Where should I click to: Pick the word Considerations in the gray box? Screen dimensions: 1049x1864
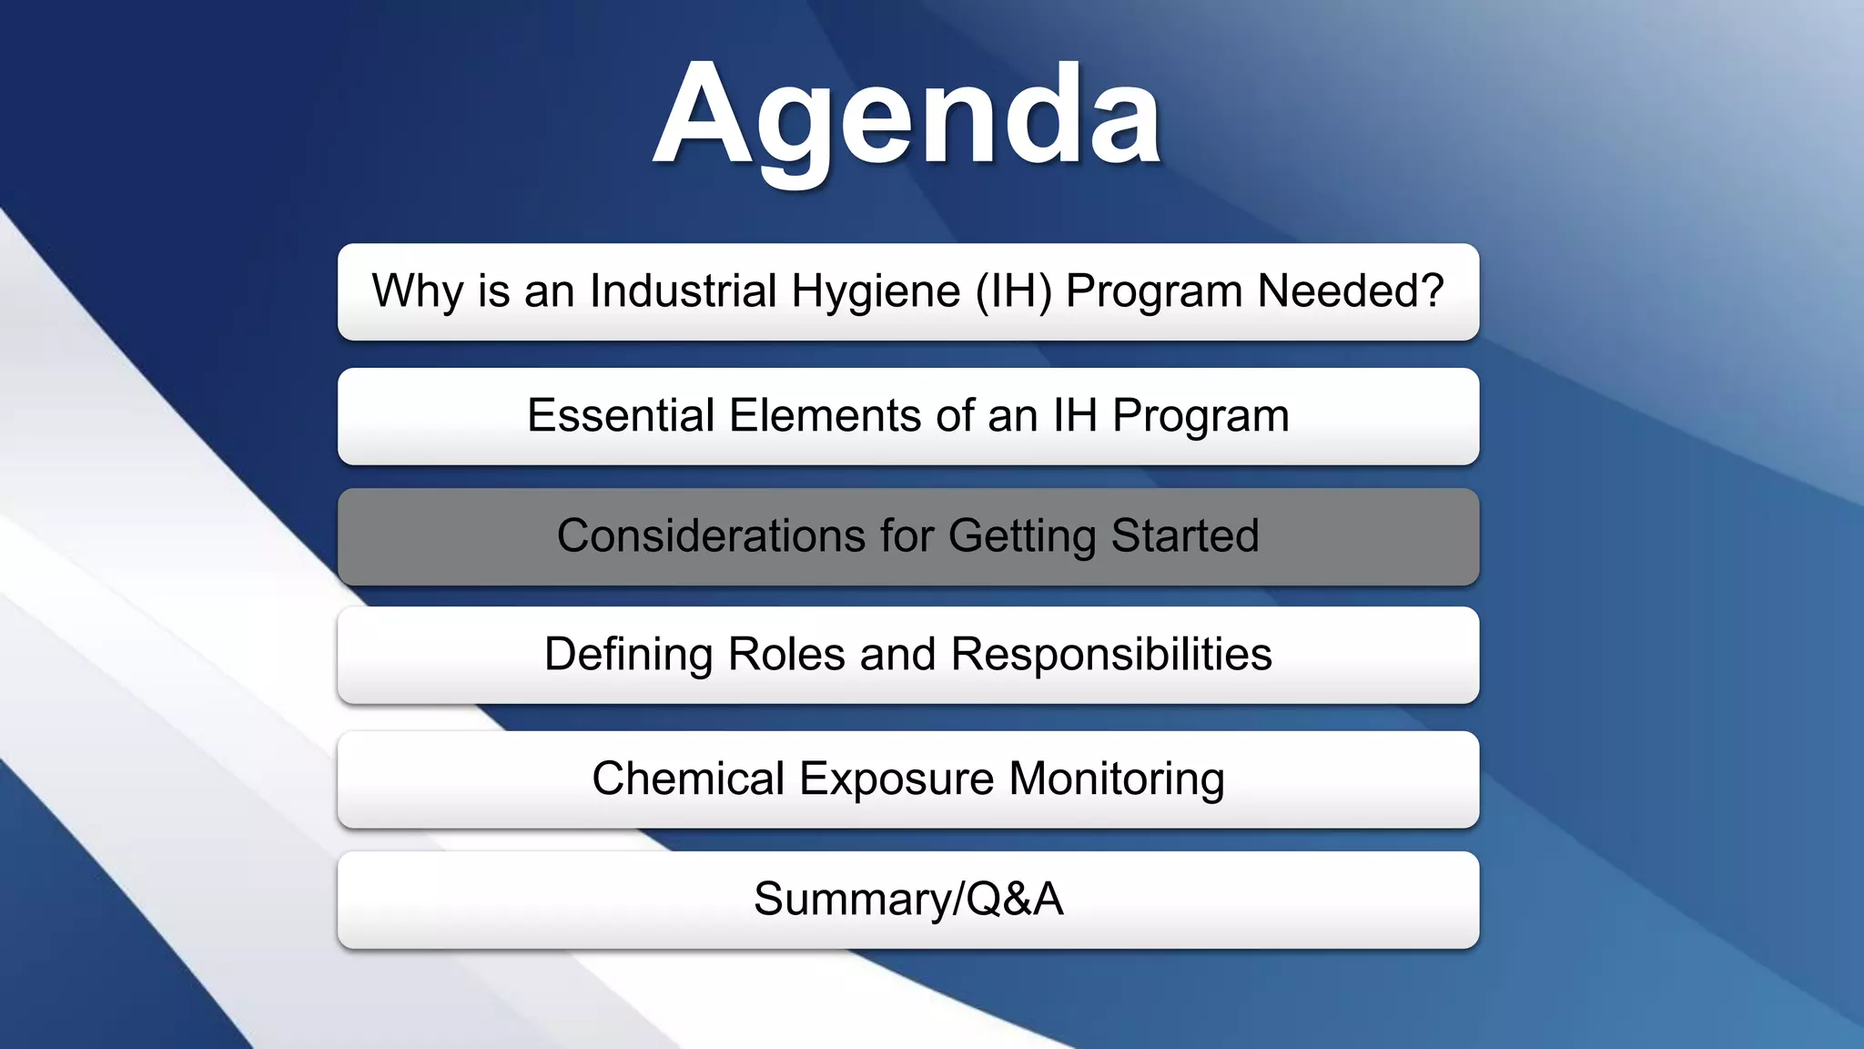pyautogui.click(x=711, y=535)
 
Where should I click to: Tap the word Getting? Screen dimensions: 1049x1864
pyautogui.click(x=1022, y=535)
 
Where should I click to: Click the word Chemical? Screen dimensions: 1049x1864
pyautogui.click(x=688, y=779)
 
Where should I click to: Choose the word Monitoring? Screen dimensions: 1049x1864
pyautogui.click(x=1116, y=779)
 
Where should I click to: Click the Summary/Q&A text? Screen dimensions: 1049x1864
pyautogui.click(x=907, y=900)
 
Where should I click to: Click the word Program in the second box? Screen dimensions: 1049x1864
pyautogui.click(x=1200, y=416)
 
